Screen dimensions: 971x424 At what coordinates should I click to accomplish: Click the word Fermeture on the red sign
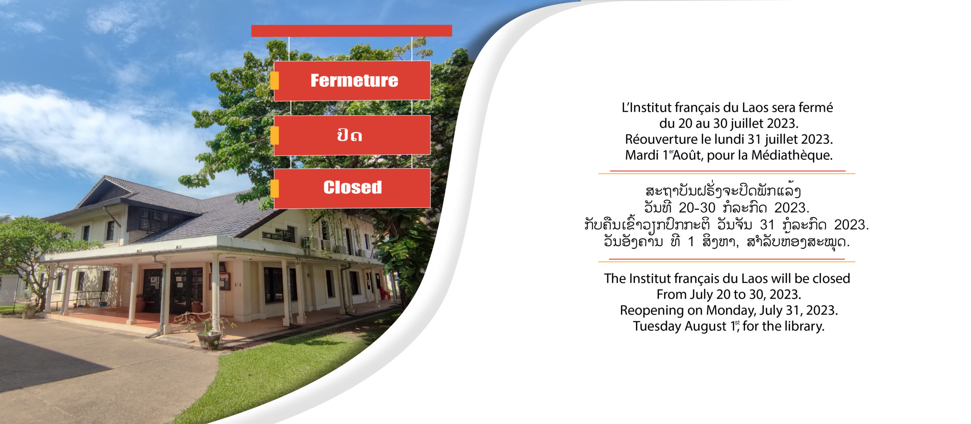point(354,80)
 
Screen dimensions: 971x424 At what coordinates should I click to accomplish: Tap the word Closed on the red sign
point(352,187)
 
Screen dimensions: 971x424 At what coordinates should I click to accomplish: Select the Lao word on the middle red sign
point(349,135)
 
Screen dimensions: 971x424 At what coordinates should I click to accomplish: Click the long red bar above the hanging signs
point(352,31)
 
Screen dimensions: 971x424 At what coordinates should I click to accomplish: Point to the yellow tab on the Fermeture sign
point(275,81)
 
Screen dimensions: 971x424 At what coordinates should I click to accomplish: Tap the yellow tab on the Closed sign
point(275,188)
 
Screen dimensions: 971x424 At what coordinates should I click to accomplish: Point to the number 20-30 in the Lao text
point(697,208)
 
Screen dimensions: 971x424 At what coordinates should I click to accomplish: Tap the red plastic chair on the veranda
point(385,293)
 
